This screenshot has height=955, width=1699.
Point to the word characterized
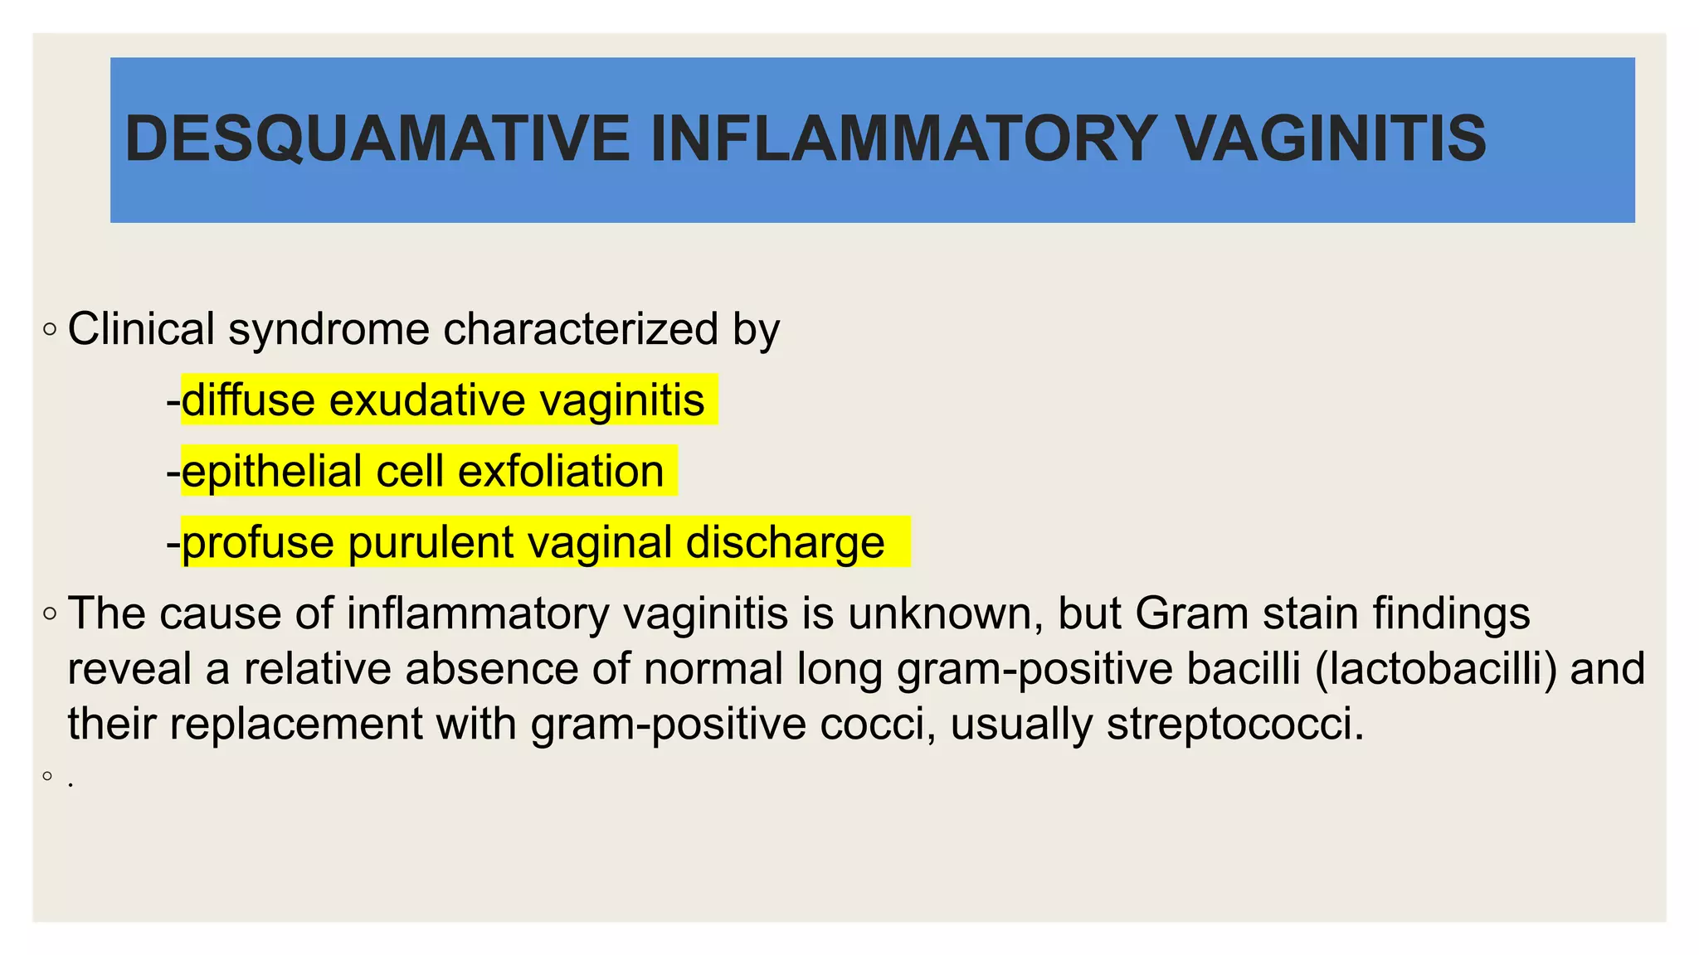(581, 329)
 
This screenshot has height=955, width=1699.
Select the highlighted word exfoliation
(561, 472)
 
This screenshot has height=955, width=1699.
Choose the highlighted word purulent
(431, 544)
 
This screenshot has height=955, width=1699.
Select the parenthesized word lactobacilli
(1436, 669)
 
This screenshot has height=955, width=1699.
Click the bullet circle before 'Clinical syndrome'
(50, 330)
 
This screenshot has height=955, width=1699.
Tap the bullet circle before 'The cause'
(50, 614)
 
